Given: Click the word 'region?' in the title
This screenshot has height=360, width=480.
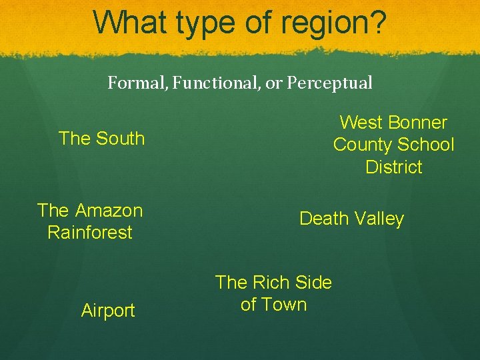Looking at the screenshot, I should tap(334, 23).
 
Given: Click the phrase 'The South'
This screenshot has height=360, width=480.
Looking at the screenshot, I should tap(101, 139).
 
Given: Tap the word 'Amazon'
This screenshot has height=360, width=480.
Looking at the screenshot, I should tap(109, 211).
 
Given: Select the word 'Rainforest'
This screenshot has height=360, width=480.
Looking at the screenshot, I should tap(90, 233).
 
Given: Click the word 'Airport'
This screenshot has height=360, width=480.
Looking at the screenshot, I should tap(108, 311).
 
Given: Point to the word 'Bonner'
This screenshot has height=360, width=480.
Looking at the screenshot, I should tap(417, 123).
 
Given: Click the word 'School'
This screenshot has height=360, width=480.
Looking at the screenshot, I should tap(428, 145).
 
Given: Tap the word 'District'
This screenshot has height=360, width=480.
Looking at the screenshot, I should tap(394, 167).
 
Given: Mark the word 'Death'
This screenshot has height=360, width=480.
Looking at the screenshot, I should tap(323, 219).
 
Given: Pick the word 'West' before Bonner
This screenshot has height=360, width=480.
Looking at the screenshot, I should tap(361, 123).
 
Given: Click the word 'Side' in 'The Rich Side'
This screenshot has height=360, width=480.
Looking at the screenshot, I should tap(313, 283).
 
